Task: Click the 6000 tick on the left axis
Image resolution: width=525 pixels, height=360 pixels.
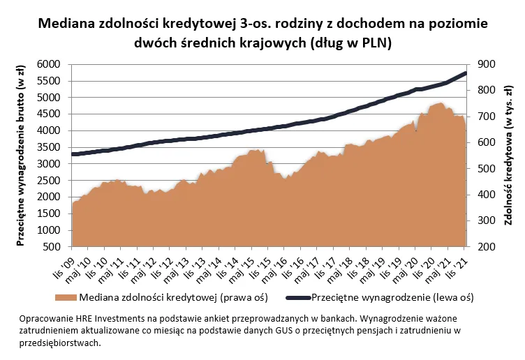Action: coord(54,64)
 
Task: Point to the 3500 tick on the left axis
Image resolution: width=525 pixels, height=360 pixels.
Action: coord(54,147)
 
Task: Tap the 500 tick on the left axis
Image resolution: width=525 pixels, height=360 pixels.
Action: coord(57,247)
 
